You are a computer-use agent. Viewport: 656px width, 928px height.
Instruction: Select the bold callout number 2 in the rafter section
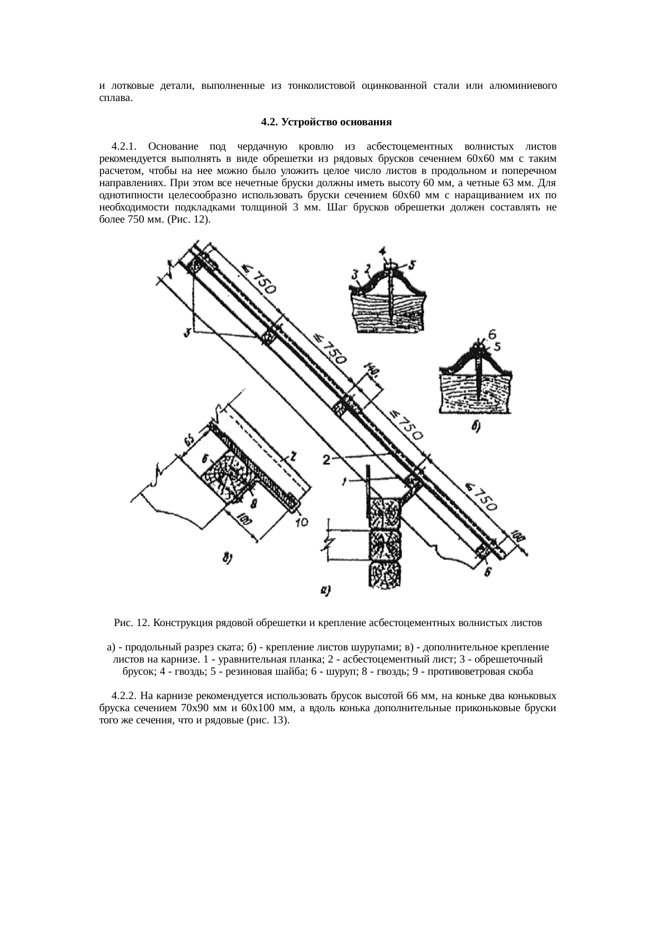tap(327, 460)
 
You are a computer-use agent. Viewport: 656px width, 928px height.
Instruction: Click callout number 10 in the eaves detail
tap(302, 522)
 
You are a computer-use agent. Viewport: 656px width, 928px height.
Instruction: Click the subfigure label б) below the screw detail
tap(476, 428)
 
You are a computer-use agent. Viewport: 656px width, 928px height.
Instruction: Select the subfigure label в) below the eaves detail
tap(226, 557)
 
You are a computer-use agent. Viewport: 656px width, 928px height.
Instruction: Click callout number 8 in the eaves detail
tap(253, 502)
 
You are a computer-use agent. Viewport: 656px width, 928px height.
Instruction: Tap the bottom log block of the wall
tap(385, 574)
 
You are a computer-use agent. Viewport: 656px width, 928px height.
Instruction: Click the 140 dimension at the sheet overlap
tap(371, 373)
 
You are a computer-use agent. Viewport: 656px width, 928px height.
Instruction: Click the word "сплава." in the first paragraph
tap(116, 98)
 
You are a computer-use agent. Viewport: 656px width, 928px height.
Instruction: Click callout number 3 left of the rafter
tap(187, 333)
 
